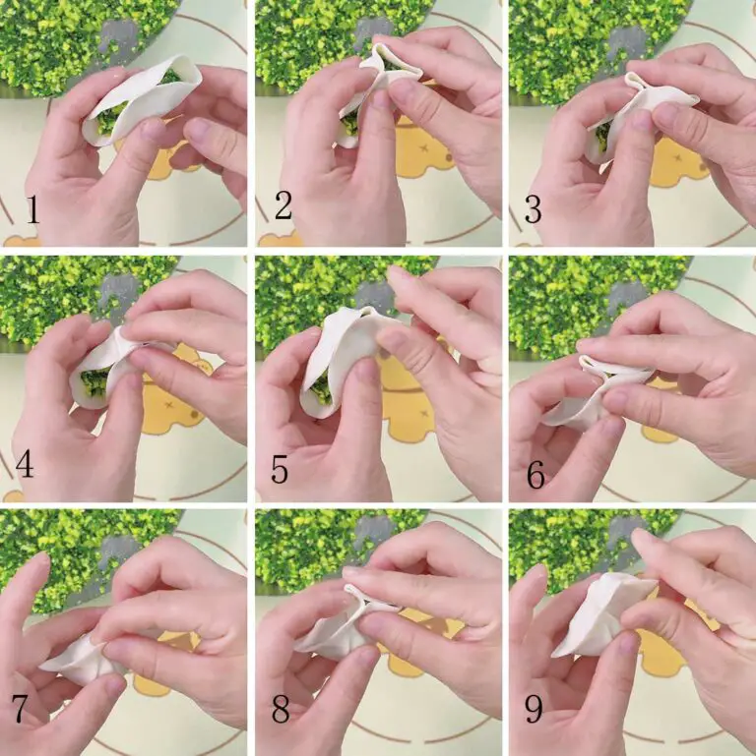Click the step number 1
point(32,210)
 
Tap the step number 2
point(283,205)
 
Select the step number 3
point(533,209)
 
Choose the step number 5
point(280,469)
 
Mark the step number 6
point(535,474)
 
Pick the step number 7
point(19,707)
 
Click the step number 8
point(280,707)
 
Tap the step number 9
point(534,709)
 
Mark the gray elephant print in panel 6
point(629,299)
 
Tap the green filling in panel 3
point(602,138)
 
